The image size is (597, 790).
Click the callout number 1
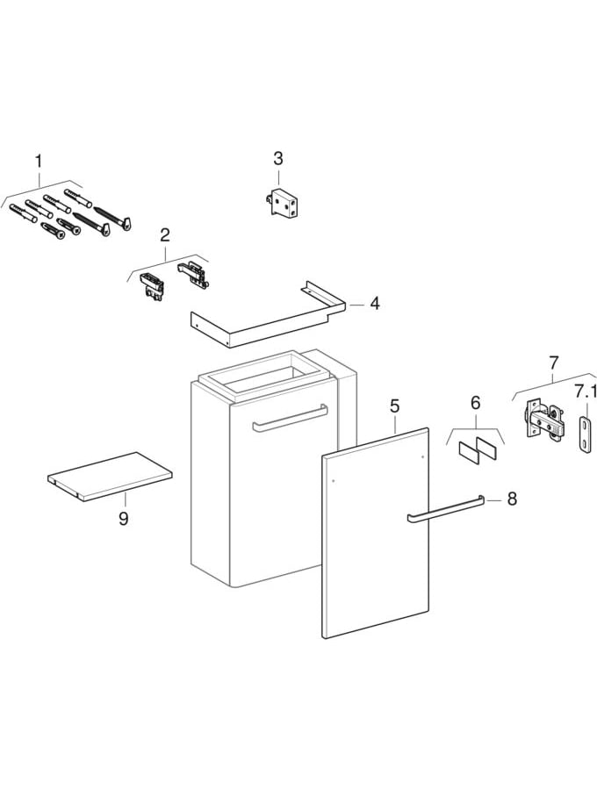[x=38, y=161]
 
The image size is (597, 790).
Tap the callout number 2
[x=165, y=234]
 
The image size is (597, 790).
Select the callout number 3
[x=278, y=159]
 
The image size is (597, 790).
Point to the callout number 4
[x=375, y=304]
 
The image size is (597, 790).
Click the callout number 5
[x=395, y=406]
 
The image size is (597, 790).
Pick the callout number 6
[x=475, y=403]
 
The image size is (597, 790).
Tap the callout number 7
[x=553, y=363]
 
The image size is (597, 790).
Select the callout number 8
[x=512, y=499]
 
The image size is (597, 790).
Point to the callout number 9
[x=123, y=519]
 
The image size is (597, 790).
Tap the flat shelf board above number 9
[x=110, y=477]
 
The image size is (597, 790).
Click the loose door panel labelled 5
[x=376, y=534]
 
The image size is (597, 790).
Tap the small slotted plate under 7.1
[x=586, y=434]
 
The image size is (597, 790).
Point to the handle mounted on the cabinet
[x=289, y=418]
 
